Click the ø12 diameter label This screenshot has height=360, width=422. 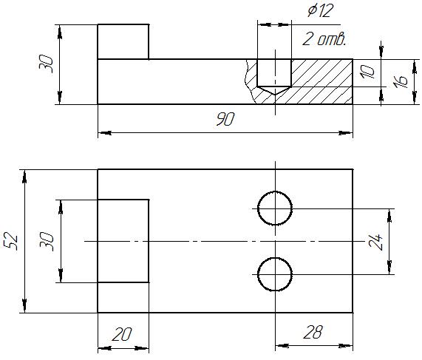coord(320,11)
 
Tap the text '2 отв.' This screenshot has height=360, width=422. coord(324,39)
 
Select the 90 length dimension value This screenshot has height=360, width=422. coord(225,119)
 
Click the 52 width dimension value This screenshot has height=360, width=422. coord(11,241)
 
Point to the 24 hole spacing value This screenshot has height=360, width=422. coord(376,242)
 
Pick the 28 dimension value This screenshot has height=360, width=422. coord(313,332)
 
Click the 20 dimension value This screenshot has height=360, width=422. coord(122,334)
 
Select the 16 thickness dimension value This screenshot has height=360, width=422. coord(401,81)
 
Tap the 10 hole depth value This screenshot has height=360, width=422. coord(368,72)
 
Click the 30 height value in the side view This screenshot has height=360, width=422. coord(46,64)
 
